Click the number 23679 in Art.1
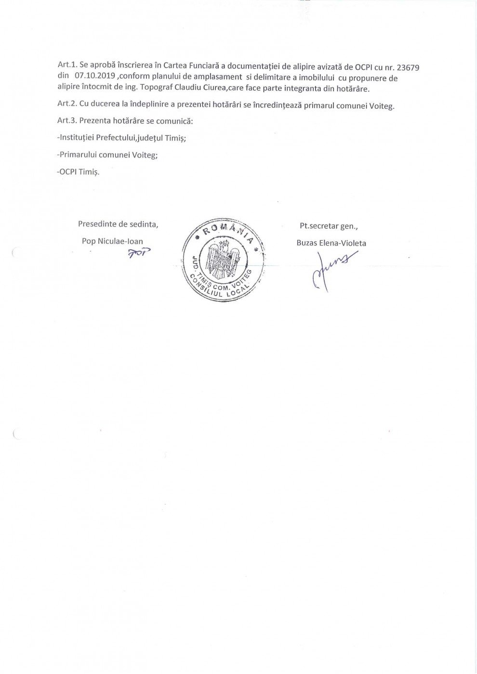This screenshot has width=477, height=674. coord(407,68)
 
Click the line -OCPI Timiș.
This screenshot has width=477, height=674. coord(78,172)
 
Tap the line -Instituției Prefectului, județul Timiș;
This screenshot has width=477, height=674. coord(121,138)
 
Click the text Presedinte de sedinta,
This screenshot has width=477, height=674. coord(118,224)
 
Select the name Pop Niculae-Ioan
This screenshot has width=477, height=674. coord(112,241)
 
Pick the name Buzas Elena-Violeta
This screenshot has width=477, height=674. coord(331,243)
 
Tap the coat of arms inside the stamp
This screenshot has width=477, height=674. coord(222,262)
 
